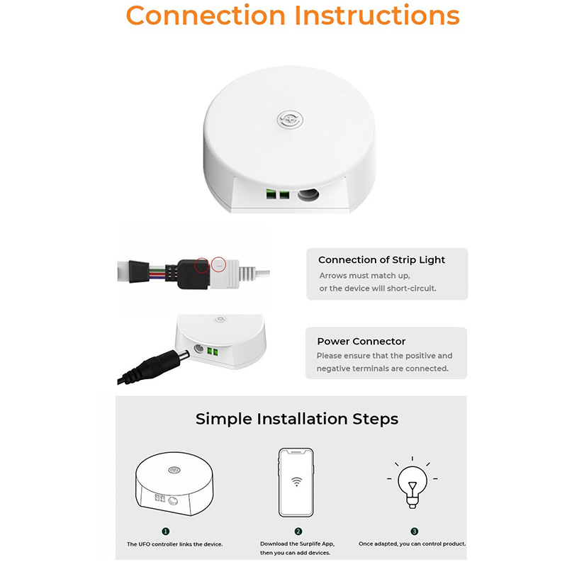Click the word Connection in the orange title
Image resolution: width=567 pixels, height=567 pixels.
click(x=206, y=15)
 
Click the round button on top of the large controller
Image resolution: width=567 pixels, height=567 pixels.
click(x=290, y=120)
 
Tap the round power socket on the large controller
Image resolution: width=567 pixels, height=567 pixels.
click(x=308, y=195)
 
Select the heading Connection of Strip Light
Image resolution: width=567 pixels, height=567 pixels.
click(x=381, y=259)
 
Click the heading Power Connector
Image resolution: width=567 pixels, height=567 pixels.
click(x=361, y=341)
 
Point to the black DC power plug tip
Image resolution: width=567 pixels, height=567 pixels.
click(x=184, y=355)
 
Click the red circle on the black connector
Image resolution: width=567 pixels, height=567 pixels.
click(x=202, y=265)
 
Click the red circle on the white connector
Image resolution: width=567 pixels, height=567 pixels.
click(x=218, y=264)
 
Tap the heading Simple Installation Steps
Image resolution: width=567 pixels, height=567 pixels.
click(x=297, y=419)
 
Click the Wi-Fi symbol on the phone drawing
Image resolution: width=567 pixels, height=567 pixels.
click(x=296, y=481)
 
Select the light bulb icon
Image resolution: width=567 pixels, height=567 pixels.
click(x=412, y=483)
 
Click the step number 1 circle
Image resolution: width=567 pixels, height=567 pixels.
click(x=166, y=531)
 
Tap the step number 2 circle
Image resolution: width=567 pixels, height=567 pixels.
click(x=298, y=531)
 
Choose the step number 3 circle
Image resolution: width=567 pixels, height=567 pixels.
click(x=415, y=531)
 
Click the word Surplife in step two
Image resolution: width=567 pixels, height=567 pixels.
click(x=310, y=544)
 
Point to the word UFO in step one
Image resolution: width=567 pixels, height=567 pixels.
click(x=145, y=544)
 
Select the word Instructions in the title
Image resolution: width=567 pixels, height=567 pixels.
click(x=377, y=15)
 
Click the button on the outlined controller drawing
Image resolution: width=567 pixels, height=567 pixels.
click(x=174, y=470)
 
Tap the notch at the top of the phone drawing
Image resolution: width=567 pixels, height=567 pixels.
click(x=296, y=452)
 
